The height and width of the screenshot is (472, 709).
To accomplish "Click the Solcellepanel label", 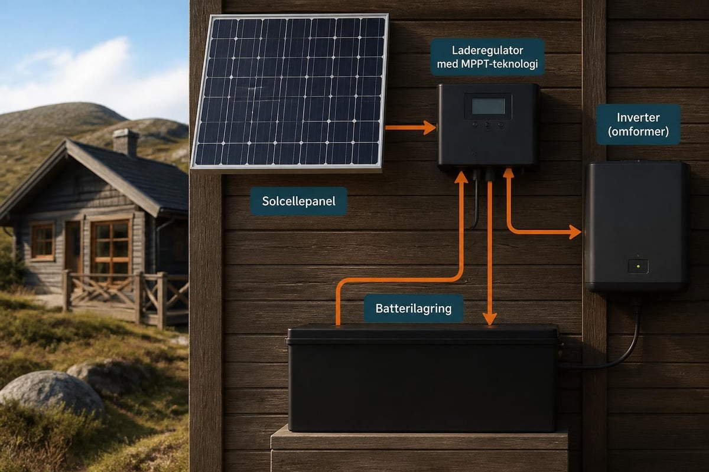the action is click(x=298, y=201).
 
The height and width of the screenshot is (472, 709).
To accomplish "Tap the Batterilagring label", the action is click(x=414, y=309).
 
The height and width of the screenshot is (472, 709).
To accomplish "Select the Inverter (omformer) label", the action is click(x=638, y=124).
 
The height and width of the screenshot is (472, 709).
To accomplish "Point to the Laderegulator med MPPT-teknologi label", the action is click(x=487, y=57).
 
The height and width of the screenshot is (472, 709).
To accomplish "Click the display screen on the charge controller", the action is click(x=489, y=106).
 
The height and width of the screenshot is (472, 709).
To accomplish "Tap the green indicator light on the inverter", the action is click(x=638, y=267).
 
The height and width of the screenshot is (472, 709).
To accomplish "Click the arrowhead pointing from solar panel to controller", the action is click(x=430, y=127).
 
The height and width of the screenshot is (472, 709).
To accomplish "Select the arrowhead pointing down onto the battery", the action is click(x=490, y=319).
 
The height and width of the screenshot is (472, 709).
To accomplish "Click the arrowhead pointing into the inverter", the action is click(x=575, y=232).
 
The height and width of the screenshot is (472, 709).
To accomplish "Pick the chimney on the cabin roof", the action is click(x=126, y=142).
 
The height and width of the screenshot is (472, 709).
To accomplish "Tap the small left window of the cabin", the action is click(x=43, y=241).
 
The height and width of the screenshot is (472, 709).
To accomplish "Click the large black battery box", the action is click(x=423, y=378).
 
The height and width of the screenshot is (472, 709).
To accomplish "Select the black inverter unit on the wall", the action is click(x=636, y=226).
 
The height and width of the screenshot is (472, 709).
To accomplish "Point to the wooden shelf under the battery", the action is click(x=419, y=449).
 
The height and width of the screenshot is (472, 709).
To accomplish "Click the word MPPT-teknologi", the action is click(x=499, y=64).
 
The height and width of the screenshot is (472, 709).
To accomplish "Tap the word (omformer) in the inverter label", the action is click(x=638, y=132).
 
